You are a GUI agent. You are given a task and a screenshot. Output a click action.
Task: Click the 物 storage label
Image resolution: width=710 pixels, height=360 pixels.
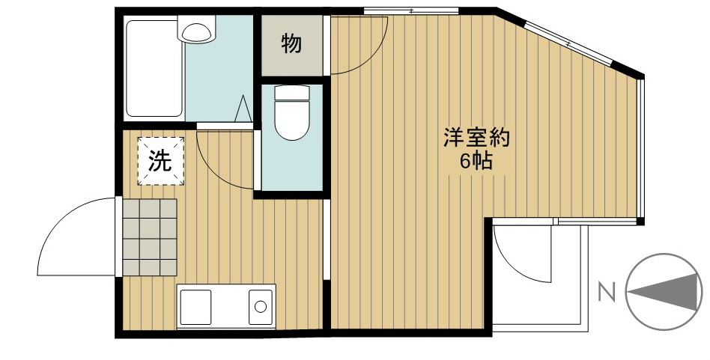pos(292,45)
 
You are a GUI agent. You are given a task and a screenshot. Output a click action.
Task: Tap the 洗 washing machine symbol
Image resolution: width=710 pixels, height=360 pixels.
pos(160,160)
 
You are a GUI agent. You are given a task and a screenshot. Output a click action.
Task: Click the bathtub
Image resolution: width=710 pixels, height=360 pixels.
pos(154,69)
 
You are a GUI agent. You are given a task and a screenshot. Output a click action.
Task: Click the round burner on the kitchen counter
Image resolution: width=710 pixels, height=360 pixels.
pos(260,306)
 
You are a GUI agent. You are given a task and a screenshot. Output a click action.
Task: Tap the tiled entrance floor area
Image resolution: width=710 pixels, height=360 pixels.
pos(149,237)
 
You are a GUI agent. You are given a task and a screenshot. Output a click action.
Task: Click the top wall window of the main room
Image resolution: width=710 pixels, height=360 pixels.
pos(410,10)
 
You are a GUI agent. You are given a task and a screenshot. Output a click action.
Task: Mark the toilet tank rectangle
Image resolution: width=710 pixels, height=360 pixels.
pos(292,94)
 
